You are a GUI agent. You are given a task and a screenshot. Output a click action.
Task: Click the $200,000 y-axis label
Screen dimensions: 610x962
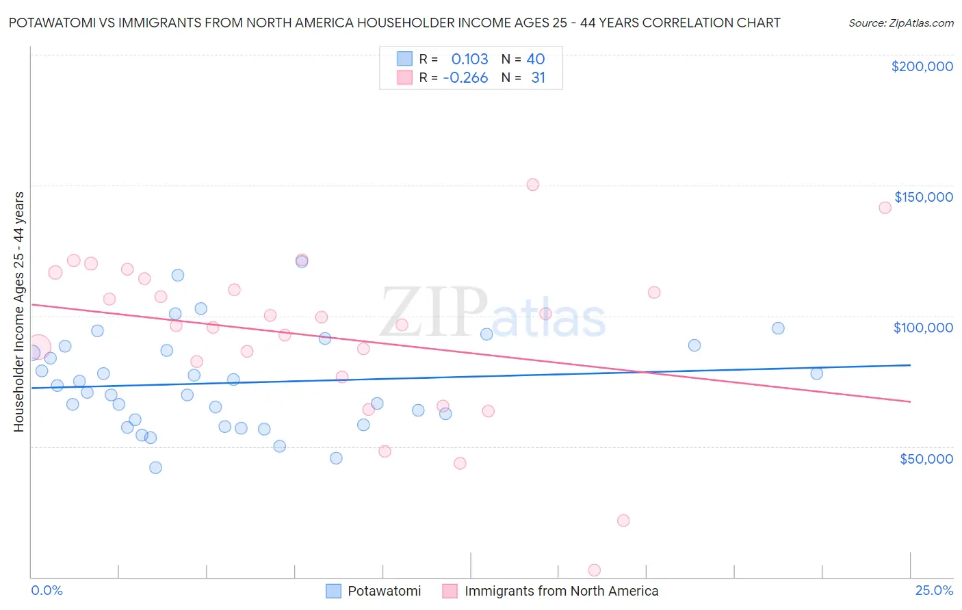tap(922, 66)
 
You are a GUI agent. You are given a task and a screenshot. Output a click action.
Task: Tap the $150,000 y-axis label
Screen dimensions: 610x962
tap(923, 197)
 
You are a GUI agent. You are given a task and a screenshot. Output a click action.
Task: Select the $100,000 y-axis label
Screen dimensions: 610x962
tap(923, 328)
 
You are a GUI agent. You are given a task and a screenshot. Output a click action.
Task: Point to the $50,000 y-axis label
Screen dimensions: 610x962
tap(926, 458)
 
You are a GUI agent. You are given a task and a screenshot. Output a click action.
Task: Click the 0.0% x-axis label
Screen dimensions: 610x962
tap(47, 590)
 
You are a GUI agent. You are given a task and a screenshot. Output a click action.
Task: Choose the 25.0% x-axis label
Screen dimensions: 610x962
tap(934, 590)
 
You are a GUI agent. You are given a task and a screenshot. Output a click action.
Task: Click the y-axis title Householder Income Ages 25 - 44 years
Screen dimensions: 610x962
tap(19, 312)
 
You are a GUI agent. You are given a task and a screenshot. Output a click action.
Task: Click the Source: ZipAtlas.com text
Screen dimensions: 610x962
tap(900, 23)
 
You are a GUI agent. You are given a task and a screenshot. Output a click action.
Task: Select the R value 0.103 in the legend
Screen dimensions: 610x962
tap(469, 59)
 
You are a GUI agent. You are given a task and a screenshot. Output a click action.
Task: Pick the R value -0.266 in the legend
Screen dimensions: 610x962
tap(465, 78)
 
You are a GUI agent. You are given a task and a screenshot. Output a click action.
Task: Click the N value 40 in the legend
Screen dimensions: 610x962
tap(535, 59)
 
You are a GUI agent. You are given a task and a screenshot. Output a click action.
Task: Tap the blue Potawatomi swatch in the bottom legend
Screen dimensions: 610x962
tap(333, 591)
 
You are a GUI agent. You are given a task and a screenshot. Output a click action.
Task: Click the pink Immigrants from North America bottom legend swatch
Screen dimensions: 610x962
tap(450, 591)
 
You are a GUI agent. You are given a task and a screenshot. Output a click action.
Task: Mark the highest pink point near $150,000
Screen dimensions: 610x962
tap(533, 185)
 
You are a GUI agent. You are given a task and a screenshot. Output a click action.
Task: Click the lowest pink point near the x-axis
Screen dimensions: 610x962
tap(595, 570)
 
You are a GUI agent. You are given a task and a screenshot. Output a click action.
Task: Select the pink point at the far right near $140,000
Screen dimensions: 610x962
tap(885, 208)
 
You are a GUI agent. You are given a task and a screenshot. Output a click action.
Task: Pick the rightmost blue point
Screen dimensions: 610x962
tap(816, 373)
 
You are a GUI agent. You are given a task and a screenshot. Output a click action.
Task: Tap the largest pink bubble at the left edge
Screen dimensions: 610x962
tap(38, 347)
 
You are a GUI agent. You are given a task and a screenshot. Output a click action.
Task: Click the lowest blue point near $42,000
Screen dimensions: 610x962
tap(155, 468)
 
